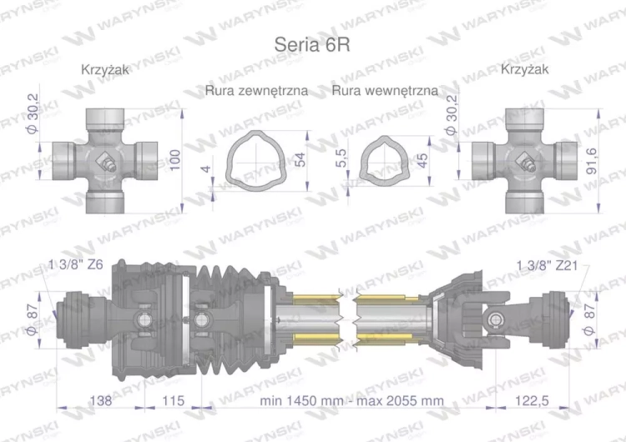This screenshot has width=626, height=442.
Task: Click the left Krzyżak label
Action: click(x=105, y=71)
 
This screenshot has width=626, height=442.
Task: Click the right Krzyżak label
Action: click(x=525, y=71)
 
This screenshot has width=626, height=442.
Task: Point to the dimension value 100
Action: click(x=174, y=158)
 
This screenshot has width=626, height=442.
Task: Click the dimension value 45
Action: click(x=423, y=158)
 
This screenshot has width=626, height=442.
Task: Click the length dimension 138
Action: click(x=101, y=400)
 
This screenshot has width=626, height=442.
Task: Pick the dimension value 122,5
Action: click(x=531, y=400)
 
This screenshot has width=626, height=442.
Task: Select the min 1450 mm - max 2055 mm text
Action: click(x=351, y=400)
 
